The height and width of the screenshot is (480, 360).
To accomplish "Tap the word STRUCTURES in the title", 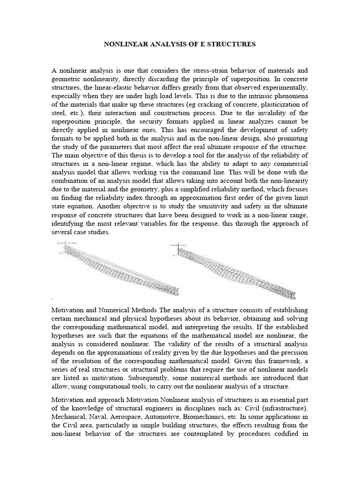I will click(232, 45).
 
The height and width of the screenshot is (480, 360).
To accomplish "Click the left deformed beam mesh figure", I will click(117, 267).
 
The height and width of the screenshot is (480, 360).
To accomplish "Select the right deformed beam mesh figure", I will click(232, 270).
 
